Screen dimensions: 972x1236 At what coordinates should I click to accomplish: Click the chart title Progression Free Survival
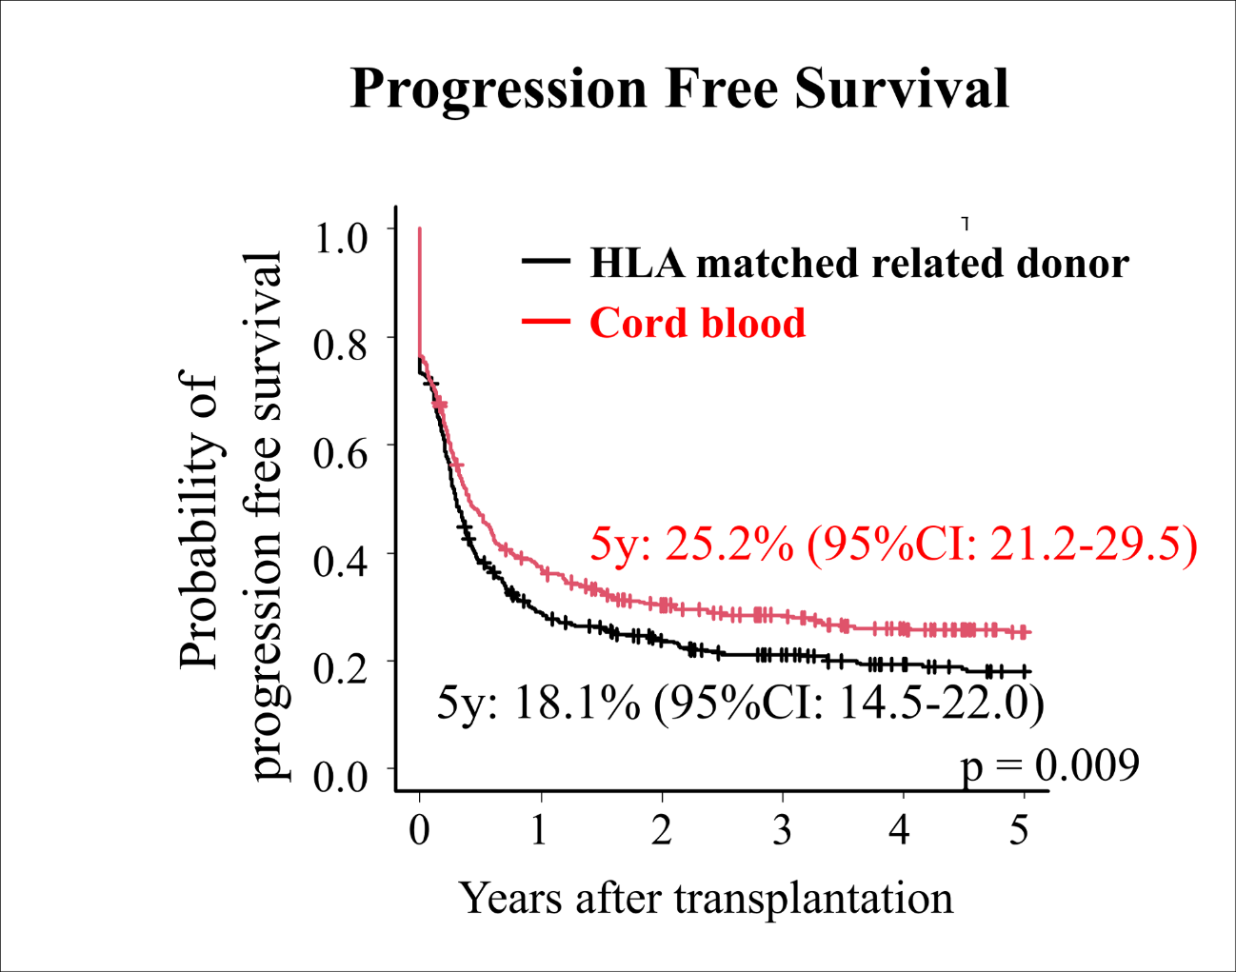tap(679, 89)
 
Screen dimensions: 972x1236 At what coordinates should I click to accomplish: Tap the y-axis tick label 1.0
tap(340, 237)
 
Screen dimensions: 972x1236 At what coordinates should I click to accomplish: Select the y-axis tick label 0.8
tap(340, 345)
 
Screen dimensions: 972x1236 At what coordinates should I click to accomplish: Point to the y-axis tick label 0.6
tap(340, 452)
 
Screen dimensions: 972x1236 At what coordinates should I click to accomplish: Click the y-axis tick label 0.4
tap(340, 561)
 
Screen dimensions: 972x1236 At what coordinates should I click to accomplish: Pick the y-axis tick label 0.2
tap(340, 668)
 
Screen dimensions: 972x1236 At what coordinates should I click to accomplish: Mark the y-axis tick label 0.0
tap(340, 776)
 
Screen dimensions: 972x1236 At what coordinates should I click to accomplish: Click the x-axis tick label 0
tap(419, 830)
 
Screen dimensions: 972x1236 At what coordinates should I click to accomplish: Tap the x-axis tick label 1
tap(540, 830)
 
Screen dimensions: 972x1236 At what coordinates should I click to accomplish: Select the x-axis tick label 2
tap(661, 830)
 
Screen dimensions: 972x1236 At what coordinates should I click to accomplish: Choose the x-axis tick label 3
tap(782, 830)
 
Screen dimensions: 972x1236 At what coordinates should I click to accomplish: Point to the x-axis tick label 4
tap(899, 830)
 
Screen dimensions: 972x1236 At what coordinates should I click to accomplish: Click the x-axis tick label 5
tap(1020, 830)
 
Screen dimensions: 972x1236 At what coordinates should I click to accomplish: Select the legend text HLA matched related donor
tap(859, 264)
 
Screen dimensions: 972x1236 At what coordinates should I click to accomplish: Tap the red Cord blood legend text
tap(697, 324)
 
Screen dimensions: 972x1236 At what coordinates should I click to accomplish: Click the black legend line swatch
tap(547, 261)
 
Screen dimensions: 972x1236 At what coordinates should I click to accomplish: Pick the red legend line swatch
tap(547, 321)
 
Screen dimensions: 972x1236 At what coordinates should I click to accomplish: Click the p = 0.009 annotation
tap(1049, 764)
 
